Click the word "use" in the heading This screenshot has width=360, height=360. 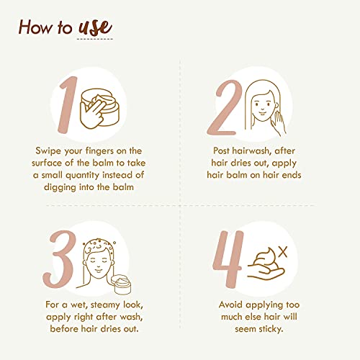[95, 27]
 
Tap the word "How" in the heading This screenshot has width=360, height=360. [35, 27]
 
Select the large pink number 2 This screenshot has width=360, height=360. [225, 107]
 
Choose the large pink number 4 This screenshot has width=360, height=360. [228, 259]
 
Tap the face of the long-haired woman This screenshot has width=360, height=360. [263, 106]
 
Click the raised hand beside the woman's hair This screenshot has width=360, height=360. [279, 123]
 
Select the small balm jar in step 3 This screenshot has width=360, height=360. [122, 284]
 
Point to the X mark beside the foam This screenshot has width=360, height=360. [283, 252]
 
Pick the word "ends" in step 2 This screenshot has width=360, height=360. [292, 175]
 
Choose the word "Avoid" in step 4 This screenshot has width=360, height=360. [230, 305]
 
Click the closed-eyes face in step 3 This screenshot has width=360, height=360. [98, 264]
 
